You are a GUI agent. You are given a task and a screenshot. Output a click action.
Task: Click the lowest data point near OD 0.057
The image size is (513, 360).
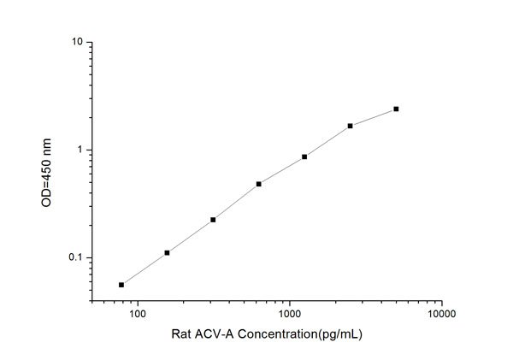tap(121, 285)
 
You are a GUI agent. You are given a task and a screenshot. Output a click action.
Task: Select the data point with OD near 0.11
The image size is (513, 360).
tap(167, 252)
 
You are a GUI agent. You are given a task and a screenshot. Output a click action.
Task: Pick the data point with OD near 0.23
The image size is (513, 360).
tap(213, 220)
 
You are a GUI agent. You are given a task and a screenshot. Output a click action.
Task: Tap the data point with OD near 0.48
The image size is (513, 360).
tap(258, 184)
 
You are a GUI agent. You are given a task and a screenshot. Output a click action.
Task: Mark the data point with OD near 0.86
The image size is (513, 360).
tap(304, 156)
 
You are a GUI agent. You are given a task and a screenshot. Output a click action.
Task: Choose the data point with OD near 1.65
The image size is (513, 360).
tap(351, 126)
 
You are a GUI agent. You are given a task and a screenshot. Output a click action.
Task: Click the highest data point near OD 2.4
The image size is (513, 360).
tap(396, 109)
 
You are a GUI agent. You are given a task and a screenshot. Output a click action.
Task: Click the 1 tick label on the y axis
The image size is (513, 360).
tap(81, 150)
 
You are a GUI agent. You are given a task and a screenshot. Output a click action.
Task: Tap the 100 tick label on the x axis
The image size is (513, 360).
tap(137, 315)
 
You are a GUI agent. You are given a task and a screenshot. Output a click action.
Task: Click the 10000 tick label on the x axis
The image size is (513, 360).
tap(441, 315)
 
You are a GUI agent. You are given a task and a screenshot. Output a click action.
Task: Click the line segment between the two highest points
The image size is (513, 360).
tap(374, 117)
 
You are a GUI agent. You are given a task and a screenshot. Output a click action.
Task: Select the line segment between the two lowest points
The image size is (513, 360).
tap(144, 269)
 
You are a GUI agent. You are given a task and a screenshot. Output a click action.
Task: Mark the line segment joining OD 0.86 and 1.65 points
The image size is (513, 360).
tap(327, 141)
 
